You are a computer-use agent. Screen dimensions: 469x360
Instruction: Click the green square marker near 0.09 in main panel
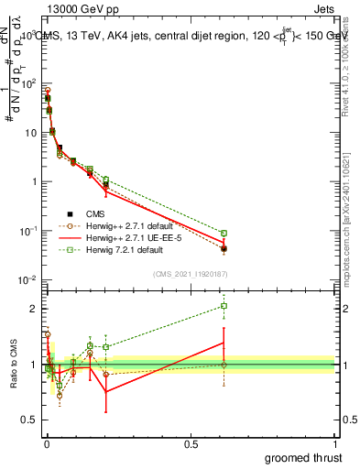click(x=224, y=234)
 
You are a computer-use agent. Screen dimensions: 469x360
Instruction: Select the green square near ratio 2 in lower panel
click(x=224, y=306)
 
